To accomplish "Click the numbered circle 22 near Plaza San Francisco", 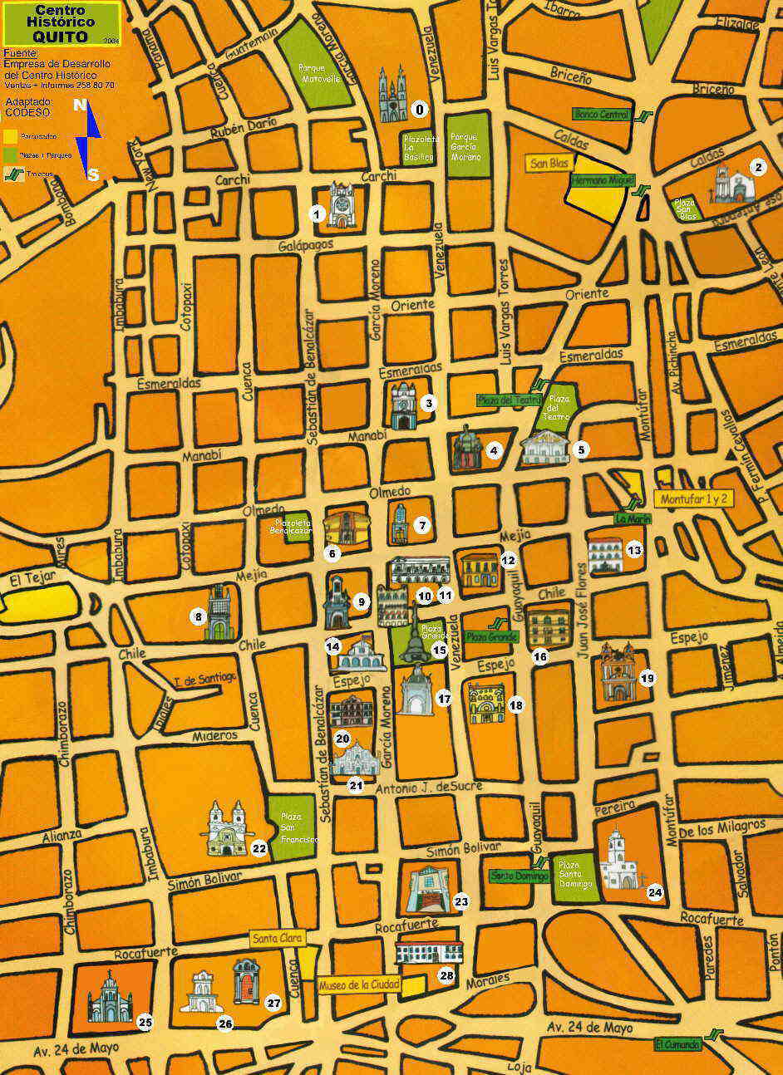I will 259,848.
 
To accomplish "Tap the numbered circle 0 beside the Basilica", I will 419,109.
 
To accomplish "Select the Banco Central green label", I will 602,114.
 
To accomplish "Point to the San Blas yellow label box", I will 549,163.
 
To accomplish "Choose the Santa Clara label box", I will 278,938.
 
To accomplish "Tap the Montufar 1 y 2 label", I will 694,499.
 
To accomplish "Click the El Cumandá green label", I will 677,1044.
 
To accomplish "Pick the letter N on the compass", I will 80,106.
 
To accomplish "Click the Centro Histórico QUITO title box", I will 61,23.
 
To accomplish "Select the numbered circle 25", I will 145,1021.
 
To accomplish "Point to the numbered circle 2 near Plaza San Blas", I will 757,167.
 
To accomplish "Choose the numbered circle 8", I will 198,616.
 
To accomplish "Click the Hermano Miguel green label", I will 602,179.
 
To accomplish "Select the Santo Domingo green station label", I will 510,875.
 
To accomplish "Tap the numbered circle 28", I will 446,975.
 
